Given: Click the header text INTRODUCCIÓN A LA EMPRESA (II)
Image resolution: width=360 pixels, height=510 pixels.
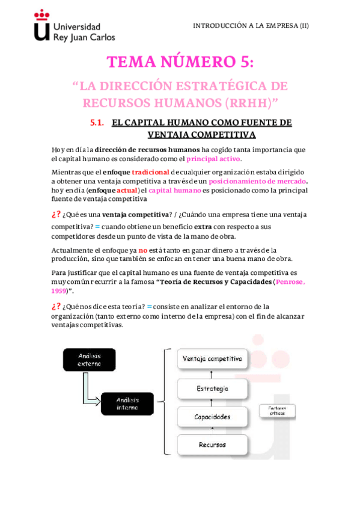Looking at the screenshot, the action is tap(251, 26).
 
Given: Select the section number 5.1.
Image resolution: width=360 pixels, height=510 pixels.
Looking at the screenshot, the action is tap(97, 123).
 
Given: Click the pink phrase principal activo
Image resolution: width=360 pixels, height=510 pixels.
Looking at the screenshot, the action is tap(213, 159).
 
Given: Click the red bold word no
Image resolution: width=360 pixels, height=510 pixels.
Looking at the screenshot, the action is tap(142, 250).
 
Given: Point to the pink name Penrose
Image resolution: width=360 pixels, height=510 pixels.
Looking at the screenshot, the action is tap(291, 282).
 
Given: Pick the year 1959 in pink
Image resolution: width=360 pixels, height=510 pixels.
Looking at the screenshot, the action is tap(58, 290).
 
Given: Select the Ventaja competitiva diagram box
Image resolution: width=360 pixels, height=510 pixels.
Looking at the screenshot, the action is tap(212, 359).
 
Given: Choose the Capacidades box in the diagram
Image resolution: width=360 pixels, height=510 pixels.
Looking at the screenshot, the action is tap(212, 416).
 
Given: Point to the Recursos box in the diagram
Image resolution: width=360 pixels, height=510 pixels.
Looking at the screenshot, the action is tap(212, 444).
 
